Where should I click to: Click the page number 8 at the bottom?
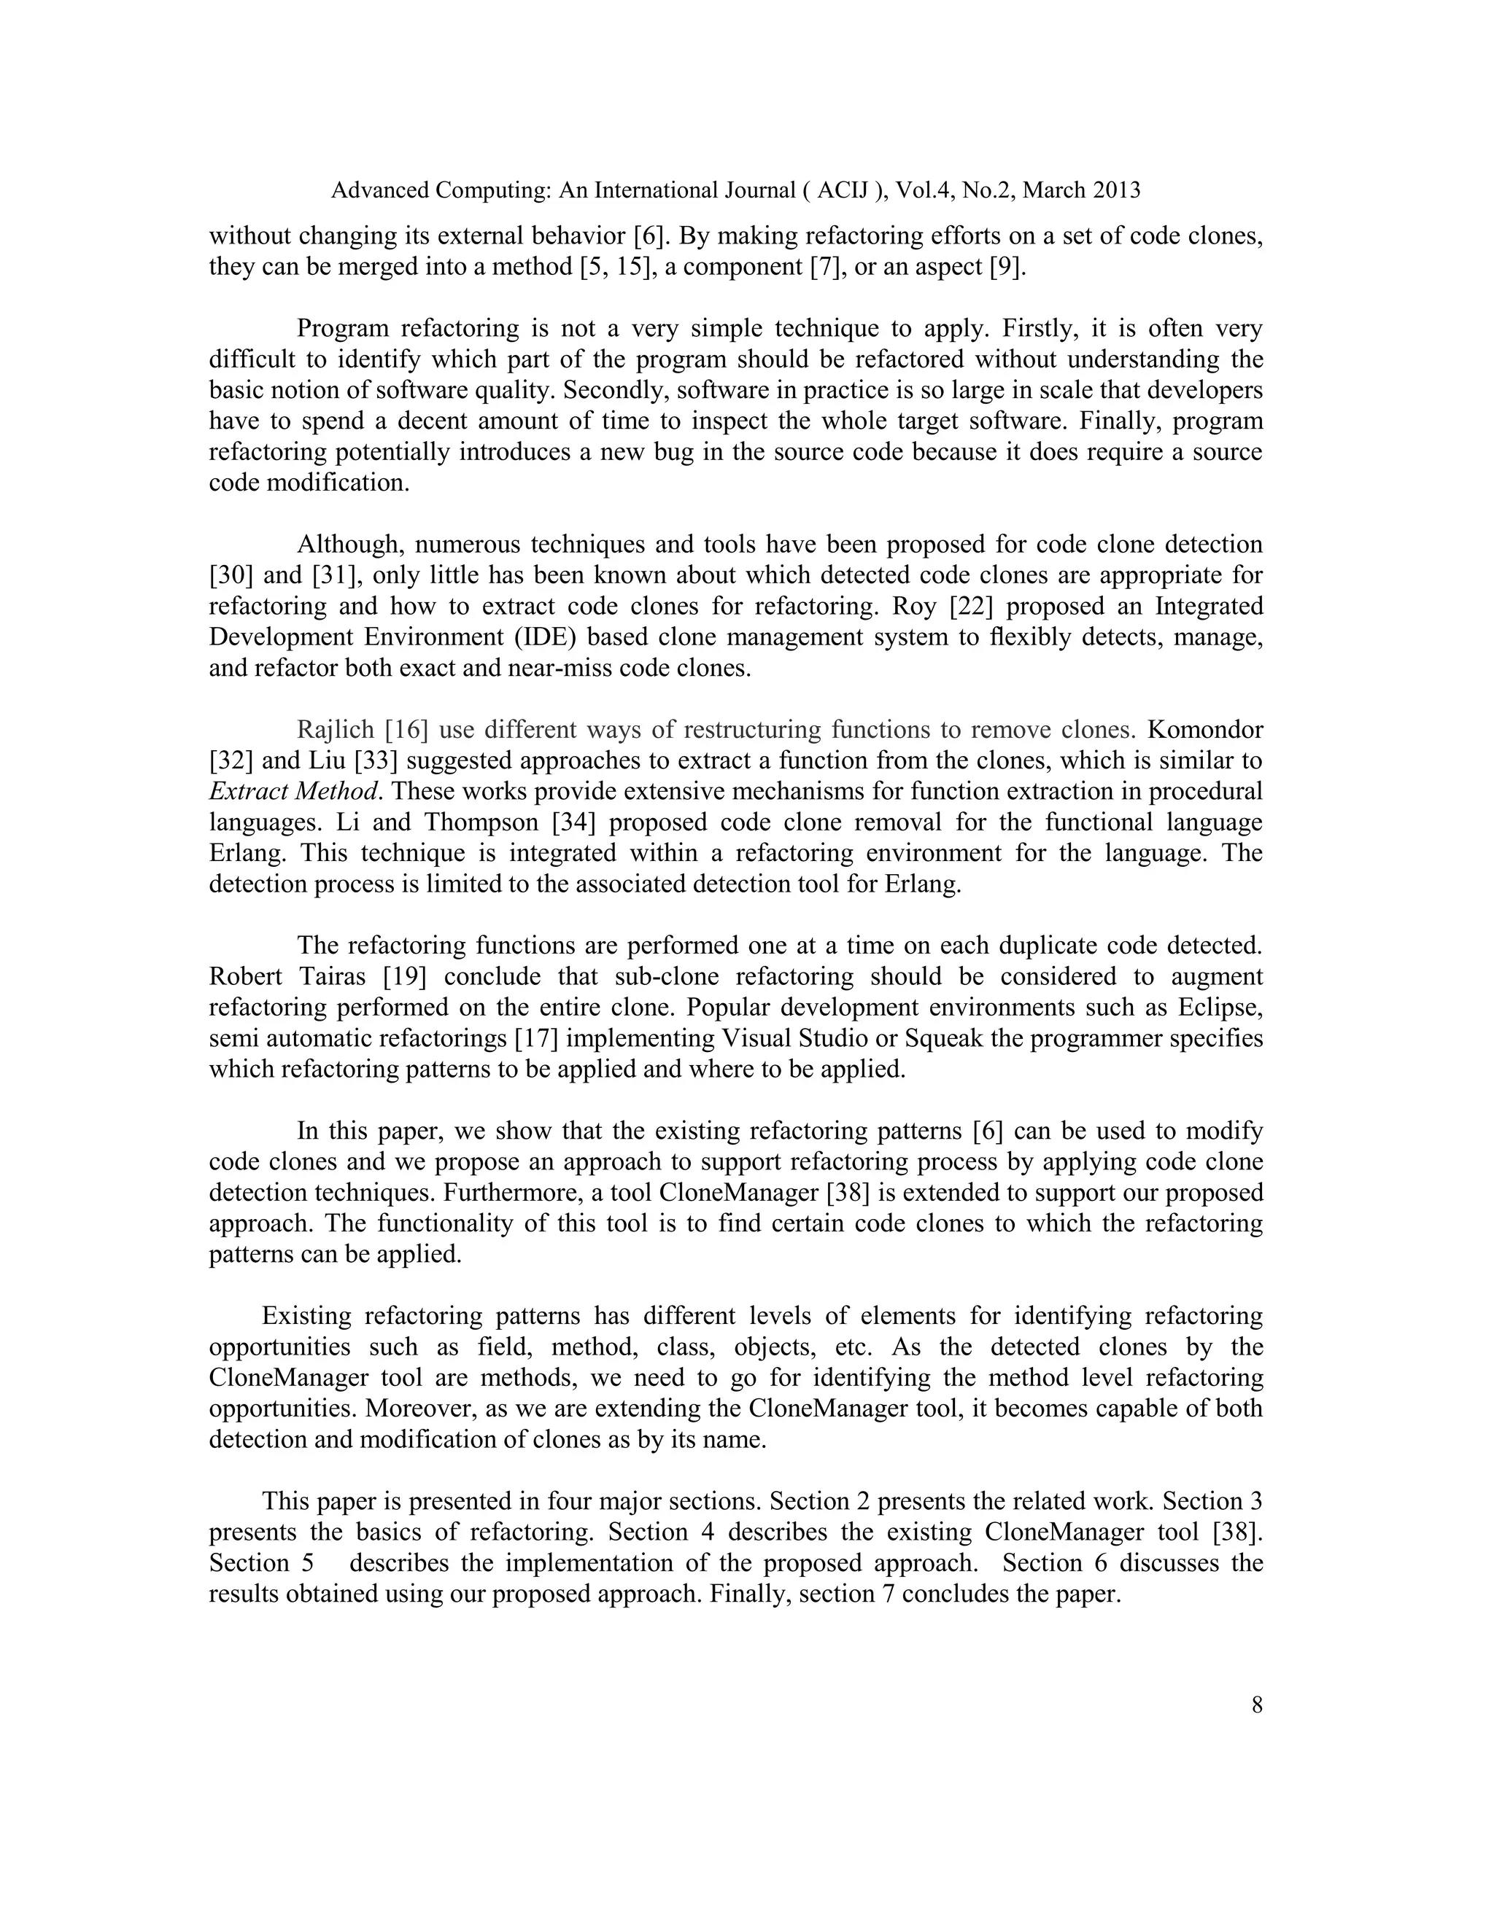1257,1705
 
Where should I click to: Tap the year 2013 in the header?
1116,190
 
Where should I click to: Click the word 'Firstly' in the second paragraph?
1039,329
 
